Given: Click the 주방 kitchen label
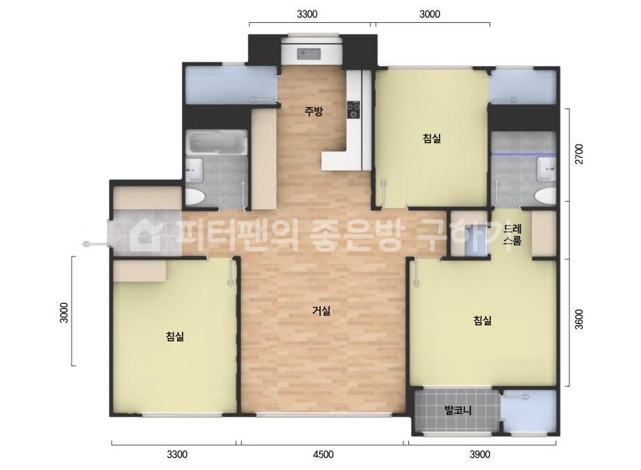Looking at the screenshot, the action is click(313, 111).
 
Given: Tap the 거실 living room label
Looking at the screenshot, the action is click(322, 311).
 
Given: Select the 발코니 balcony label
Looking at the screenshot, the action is click(458, 410).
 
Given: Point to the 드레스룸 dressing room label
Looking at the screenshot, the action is click(513, 234).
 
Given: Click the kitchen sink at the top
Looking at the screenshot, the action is click(309, 54).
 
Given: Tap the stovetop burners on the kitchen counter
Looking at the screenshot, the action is click(353, 110).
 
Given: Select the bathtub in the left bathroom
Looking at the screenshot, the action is click(217, 143).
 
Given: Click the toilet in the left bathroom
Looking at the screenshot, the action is click(195, 197).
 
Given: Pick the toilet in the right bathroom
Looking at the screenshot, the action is click(546, 196).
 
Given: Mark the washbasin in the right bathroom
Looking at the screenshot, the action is click(547, 169).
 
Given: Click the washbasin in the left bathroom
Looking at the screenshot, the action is click(194, 170).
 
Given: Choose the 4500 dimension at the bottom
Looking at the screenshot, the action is click(323, 455).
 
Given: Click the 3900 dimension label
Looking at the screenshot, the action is click(480, 455).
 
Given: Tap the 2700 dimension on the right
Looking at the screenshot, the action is click(579, 154).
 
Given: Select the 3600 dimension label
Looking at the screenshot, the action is click(579, 319).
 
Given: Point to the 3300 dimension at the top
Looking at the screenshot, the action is click(307, 15).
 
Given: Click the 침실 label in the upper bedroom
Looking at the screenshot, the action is click(432, 138).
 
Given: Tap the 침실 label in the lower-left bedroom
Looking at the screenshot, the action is click(175, 337).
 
